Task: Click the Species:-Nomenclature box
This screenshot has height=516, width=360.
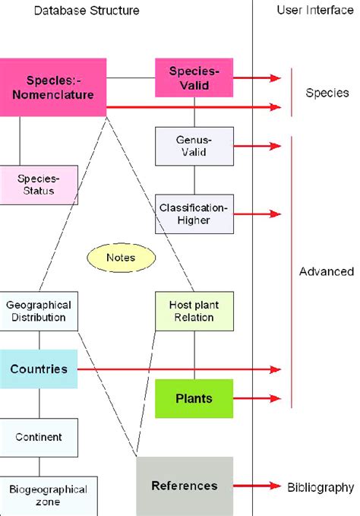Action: [52, 87]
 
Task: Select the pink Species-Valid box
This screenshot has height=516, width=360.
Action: [192, 78]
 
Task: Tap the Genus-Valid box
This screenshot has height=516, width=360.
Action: [192, 146]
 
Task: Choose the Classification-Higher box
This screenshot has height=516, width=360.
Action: [194, 214]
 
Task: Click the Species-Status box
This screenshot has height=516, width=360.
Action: [39, 184]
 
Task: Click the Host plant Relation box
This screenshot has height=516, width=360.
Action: [193, 311]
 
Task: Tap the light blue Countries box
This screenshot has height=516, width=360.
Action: [39, 369]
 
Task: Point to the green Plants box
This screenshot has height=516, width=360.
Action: [194, 398]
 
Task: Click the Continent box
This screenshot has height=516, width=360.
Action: [39, 437]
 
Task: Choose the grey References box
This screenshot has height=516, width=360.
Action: [185, 486]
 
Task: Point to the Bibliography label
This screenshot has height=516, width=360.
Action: [321, 486]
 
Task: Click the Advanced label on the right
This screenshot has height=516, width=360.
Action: [327, 271]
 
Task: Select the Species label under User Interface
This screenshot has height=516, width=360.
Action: [327, 93]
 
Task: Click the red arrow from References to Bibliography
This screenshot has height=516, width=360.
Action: [258, 486]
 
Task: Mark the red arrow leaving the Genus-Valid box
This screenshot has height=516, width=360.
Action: [257, 145]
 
